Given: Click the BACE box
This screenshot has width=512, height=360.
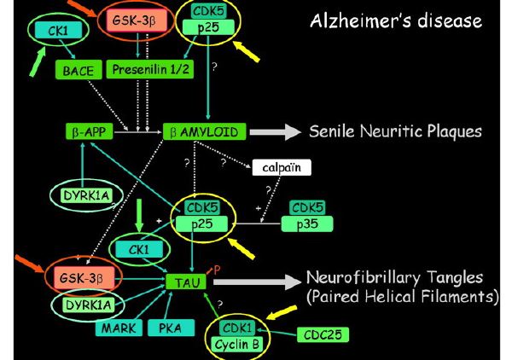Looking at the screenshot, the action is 79,69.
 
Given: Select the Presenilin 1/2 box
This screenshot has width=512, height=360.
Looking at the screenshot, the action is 150,69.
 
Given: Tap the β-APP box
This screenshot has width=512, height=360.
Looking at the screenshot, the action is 89,131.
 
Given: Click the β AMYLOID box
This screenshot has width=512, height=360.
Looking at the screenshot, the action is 204,131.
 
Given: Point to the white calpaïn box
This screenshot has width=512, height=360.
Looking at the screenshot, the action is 282,167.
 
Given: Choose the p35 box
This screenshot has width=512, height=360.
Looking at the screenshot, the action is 307,224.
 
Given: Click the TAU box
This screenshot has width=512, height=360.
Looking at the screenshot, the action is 186,282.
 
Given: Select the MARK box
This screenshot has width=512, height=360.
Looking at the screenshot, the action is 119,328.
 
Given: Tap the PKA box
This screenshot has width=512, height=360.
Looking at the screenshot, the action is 171,328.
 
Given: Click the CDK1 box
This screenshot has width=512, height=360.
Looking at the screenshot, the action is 237,328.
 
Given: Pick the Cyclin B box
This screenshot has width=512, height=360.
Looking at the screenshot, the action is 237,344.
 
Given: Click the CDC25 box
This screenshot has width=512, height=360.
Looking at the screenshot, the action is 323,334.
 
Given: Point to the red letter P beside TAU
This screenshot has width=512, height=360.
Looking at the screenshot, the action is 217,270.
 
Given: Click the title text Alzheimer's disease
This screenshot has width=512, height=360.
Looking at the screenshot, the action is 396,20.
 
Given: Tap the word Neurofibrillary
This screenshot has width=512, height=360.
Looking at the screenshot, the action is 364,278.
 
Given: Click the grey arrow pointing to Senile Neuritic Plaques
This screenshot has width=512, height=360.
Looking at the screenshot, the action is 275,132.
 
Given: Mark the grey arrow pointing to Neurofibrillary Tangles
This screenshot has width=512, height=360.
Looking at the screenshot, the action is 257,282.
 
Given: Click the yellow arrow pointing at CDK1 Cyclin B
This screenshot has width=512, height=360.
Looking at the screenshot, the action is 282,312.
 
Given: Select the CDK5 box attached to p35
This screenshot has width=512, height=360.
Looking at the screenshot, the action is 307,207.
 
